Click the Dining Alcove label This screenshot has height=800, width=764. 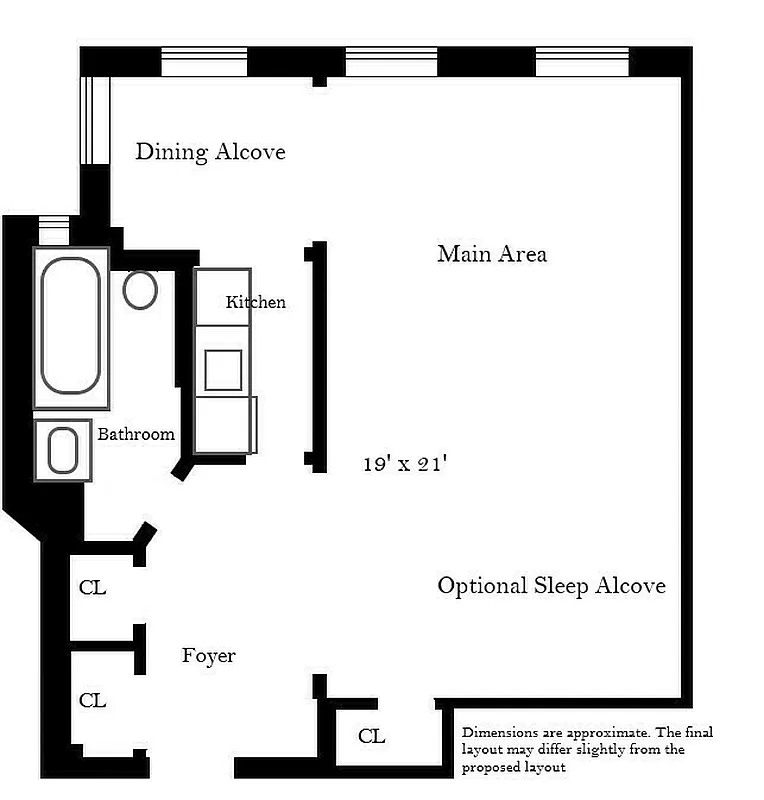pyautogui.click(x=210, y=152)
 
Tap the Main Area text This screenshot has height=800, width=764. pyautogui.click(x=491, y=254)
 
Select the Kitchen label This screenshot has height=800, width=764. pyautogui.click(x=255, y=302)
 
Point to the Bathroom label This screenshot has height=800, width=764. pyautogui.click(x=136, y=434)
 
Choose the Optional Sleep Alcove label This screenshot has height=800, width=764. pyautogui.click(x=551, y=586)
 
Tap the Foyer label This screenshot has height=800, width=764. pyautogui.click(x=208, y=656)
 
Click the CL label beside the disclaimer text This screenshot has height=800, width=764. pyautogui.click(x=371, y=737)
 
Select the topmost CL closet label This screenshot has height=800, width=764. pyautogui.click(x=92, y=588)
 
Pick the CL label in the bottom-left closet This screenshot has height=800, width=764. pyautogui.click(x=92, y=701)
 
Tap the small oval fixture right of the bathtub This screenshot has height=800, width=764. pyautogui.click(x=140, y=289)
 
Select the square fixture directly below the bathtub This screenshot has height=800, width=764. pyautogui.click(x=63, y=450)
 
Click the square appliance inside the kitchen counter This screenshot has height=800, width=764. pyautogui.click(x=223, y=370)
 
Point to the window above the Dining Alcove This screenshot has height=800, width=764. pyautogui.click(x=204, y=63)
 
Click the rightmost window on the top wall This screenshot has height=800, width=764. pyautogui.click(x=581, y=62)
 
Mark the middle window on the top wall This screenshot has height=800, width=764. pyautogui.click(x=391, y=62)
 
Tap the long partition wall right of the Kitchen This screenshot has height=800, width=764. pyautogui.click(x=319, y=356)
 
